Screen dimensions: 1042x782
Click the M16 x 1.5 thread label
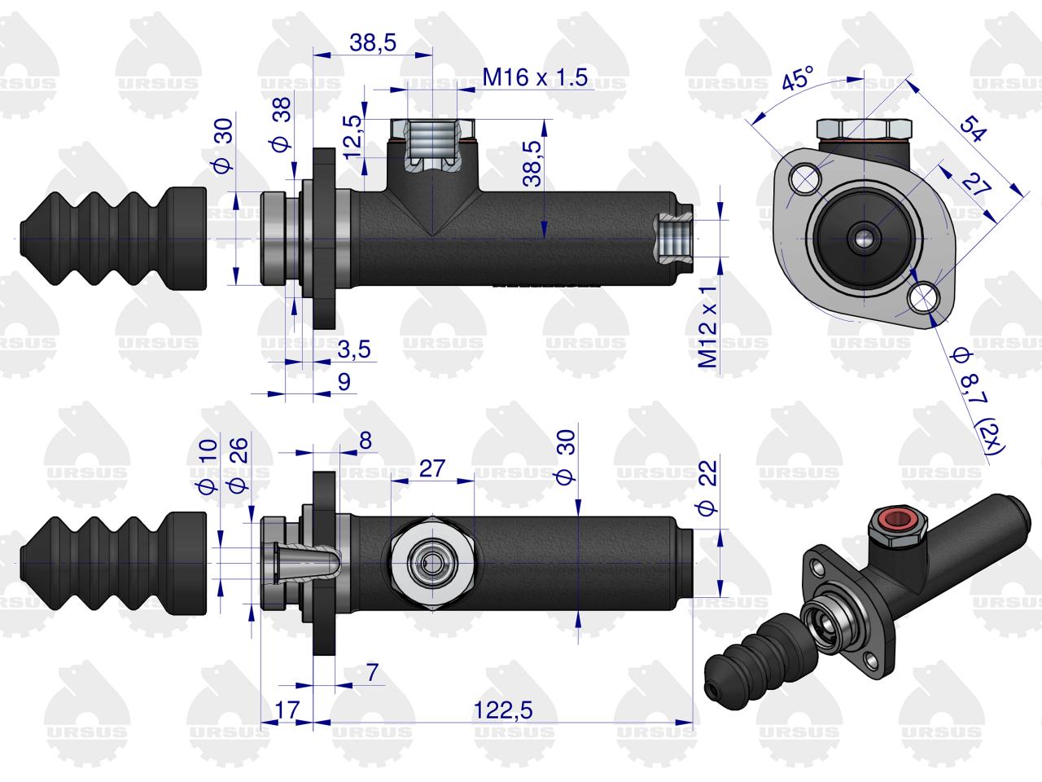535,77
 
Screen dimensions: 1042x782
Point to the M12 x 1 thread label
707,327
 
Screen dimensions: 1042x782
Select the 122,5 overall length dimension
503,710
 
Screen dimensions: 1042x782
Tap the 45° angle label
798,79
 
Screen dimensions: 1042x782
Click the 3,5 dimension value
354,349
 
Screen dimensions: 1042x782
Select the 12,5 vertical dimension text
352,137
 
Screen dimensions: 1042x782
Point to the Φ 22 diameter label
707,489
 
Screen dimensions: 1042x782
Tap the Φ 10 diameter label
208,466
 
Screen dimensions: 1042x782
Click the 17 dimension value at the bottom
287,710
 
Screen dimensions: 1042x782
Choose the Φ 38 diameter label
282,125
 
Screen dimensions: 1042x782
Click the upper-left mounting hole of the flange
805,179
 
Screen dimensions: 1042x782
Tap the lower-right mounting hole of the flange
924,297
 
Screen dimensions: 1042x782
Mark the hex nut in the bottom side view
432,564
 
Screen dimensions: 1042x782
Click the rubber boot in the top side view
113,238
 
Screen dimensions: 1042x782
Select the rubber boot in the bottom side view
113,563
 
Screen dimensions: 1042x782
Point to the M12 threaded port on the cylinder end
674,239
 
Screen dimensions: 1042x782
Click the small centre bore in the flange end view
864,239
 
